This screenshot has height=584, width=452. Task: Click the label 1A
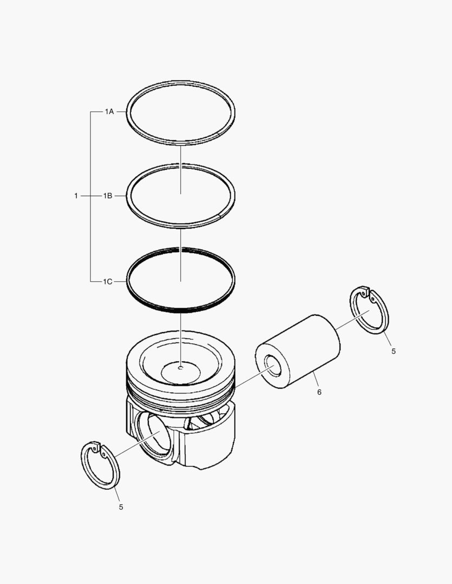tap(109, 112)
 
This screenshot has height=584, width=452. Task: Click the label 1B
tap(108, 196)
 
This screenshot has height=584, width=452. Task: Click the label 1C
tap(108, 282)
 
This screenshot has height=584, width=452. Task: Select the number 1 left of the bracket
tap(76, 196)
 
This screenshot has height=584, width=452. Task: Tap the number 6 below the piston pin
tap(319, 391)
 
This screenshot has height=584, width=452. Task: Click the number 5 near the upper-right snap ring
tap(394, 351)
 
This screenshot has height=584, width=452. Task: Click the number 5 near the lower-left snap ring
tap(121, 507)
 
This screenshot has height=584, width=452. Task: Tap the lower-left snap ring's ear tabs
tap(97, 448)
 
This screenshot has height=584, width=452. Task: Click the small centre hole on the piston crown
tap(181, 369)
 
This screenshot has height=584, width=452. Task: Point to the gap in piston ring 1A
tap(219, 133)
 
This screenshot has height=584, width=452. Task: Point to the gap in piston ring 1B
tap(219, 216)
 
